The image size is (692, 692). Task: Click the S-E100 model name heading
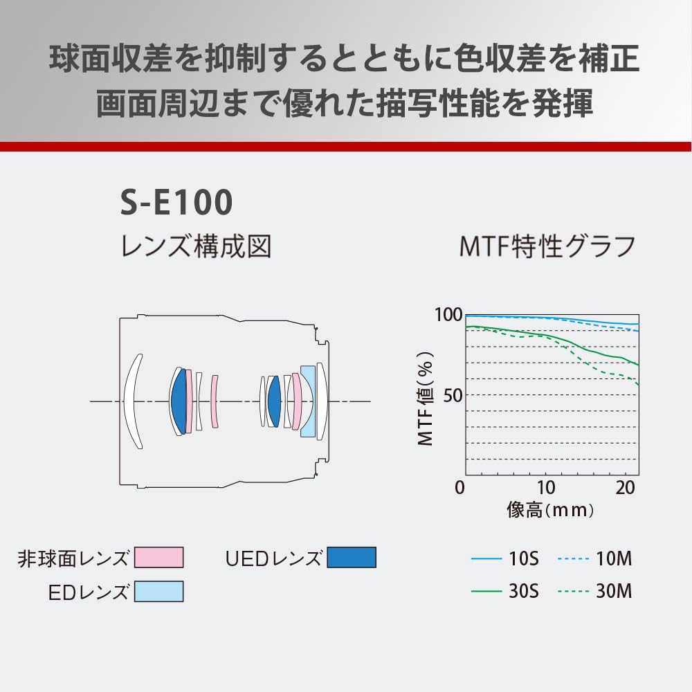point(176,201)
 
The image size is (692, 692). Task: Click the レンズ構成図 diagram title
point(196,246)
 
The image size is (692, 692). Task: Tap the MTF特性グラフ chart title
point(547,246)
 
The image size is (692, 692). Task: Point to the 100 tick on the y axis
point(448,315)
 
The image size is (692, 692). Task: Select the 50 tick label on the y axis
point(453,395)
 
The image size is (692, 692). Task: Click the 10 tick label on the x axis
point(546,488)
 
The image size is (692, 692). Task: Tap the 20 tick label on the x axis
point(625,488)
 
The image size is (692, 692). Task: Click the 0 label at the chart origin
point(460,488)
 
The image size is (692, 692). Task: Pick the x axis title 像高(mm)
point(550,510)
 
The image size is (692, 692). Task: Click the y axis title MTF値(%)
point(426,399)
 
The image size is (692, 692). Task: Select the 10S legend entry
point(505,558)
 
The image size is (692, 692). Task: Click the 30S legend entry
point(505,591)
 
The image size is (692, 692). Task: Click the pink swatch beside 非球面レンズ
point(159,557)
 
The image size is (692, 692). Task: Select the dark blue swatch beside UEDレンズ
point(352,557)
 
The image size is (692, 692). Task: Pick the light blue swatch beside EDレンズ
point(159,592)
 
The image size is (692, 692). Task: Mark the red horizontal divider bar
point(346,147)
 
